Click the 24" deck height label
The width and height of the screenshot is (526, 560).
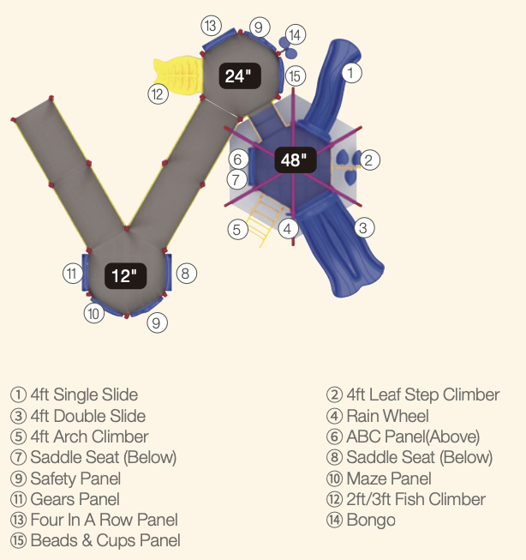[237, 76]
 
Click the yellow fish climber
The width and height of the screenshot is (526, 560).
[176, 73]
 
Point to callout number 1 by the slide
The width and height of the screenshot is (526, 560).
[350, 73]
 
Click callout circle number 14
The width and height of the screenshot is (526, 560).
[295, 35]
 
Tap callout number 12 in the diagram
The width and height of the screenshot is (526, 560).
[157, 94]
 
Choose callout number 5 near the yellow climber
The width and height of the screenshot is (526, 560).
[238, 229]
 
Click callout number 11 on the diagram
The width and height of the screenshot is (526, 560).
[72, 274]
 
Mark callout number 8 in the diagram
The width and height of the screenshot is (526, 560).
[187, 274]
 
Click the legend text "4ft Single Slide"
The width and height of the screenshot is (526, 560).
[84, 395]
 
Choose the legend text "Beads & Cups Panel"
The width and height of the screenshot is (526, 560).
[105, 541]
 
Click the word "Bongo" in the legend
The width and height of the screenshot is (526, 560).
[371, 520]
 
